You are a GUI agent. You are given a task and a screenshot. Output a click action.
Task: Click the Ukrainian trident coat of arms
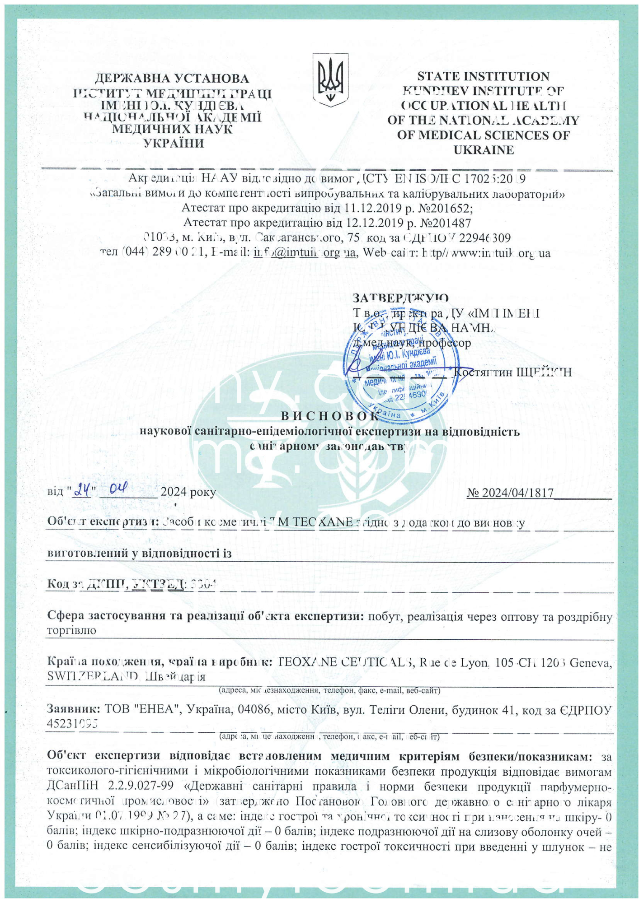pyautogui.click(x=331, y=80)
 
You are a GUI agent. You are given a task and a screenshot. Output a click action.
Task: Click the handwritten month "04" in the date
pyautogui.click(x=118, y=488)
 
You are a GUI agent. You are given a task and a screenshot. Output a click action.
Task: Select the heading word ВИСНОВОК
pyautogui.click(x=330, y=416)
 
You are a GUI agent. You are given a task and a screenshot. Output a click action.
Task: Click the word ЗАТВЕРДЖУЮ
pyautogui.click(x=400, y=298)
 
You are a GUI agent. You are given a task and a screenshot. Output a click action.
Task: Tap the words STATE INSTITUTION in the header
pyautogui.click(x=483, y=76)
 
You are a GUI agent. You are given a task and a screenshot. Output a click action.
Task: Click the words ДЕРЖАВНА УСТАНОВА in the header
pyautogui.click(x=172, y=79)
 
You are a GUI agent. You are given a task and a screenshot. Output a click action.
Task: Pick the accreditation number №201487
pyautogui.click(x=446, y=223)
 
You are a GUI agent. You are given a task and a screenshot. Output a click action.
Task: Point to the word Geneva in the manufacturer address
pyautogui.click(x=590, y=663)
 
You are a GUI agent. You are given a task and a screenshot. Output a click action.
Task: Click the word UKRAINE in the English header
pyautogui.click(x=484, y=150)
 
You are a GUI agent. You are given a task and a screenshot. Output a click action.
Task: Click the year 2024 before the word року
pyautogui.click(x=174, y=492)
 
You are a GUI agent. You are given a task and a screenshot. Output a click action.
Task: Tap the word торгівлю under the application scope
pyautogui.click(x=71, y=630)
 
